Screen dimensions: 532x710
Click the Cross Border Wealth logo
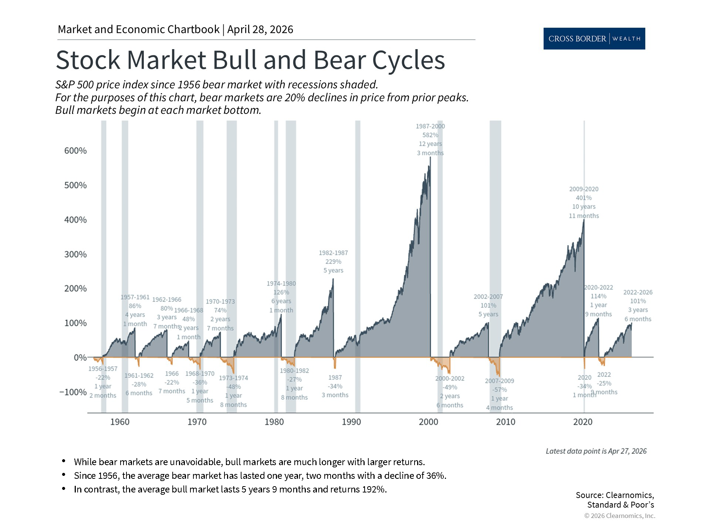tap(594, 38)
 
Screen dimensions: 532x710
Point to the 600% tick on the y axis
tap(75, 151)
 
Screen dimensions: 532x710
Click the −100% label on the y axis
tap(73, 392)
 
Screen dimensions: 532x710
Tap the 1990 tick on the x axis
tap(351, 422)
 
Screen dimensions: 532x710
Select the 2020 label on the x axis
tap(583, 422)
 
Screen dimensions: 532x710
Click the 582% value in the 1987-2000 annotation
tap(430, 135)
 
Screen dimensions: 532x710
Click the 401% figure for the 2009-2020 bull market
tap(584, 198)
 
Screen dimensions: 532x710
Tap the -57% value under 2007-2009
tap(499, 390)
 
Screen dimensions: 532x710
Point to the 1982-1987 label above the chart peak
tap(333, 253)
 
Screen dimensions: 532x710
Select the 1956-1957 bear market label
tap(103, 369)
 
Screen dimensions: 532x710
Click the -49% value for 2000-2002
tap(450, 387)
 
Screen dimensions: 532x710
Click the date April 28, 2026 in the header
tap(260, 30)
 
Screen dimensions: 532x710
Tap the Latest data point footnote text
tap(596, 451)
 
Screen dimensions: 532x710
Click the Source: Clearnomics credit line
tap(615, 495)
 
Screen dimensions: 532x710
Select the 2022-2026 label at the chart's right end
tap(638, 293)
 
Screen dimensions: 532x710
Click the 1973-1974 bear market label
tap(233, 378)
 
